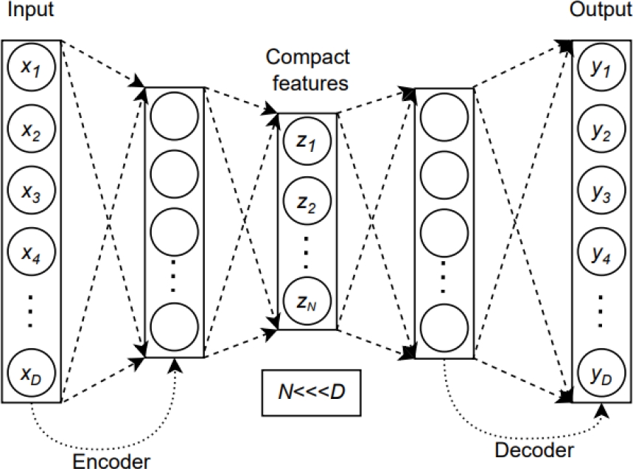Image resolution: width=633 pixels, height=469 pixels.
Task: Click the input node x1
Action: pos(31,69)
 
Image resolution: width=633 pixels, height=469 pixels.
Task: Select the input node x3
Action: pos(31,194)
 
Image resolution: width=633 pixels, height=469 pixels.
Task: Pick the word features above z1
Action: pos(308,83)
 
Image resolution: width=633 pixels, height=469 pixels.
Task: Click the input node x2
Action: pos(31,131)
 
